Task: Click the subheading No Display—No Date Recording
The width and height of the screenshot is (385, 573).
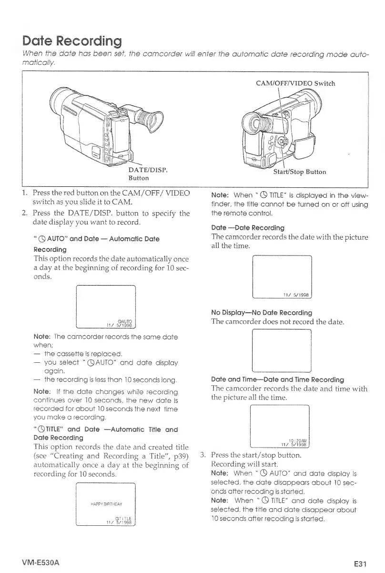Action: [x=261, y=313]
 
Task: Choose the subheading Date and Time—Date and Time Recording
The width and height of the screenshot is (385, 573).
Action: [x=277, y=379]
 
